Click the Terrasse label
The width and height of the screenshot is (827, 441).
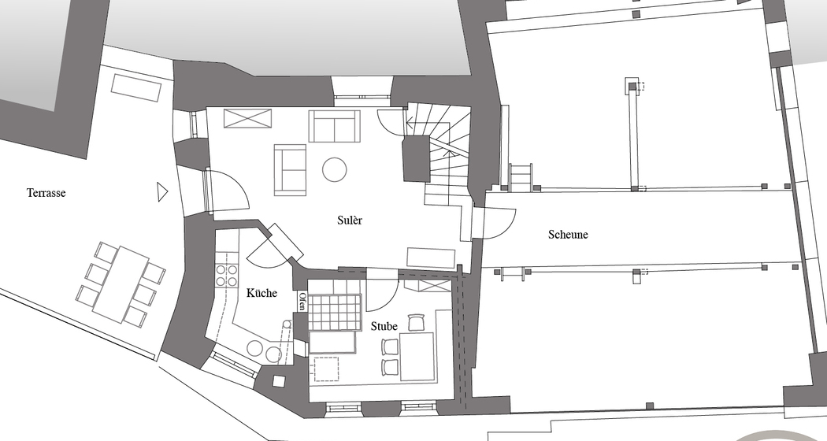46,193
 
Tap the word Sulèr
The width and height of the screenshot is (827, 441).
350,220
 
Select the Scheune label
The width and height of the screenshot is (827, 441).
568,234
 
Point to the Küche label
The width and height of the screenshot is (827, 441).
261,292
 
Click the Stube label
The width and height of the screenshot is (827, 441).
384,326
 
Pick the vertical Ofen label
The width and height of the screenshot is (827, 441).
302,301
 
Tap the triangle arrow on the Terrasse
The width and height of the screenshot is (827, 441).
162,191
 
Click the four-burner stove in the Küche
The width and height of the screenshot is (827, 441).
226,276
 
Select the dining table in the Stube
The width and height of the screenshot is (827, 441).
417,356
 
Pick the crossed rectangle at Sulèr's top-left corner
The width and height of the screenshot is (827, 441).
248,117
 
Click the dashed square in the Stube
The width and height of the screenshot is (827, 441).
327,369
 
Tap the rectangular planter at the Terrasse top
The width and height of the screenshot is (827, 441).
136,87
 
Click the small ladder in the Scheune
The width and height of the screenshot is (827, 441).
521,177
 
